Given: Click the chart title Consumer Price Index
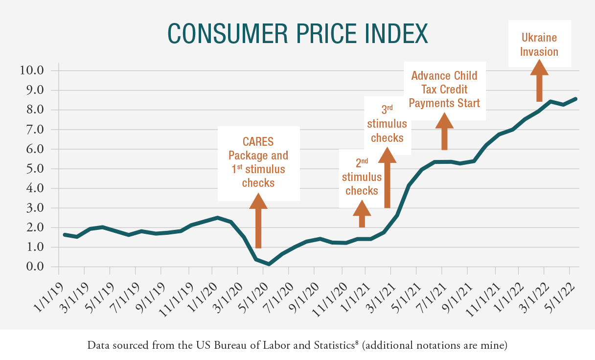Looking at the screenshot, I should (x=297, y=33).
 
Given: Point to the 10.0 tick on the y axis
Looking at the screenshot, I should (x=32, y=70).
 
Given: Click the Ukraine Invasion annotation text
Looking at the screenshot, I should (x=539, y=45).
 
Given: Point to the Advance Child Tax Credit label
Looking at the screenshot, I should (x=444, y=90).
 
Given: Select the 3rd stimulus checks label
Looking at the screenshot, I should (x=387, y=123).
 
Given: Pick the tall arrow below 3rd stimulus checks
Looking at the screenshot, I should (x=387, y=179).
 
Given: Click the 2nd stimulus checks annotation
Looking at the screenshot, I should (x=362, y=177).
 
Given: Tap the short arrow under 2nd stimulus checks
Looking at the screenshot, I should (x=362, y=215).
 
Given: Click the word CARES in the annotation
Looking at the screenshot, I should (x=258, y=142).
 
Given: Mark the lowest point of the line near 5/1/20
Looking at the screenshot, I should (x=269, y=264).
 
